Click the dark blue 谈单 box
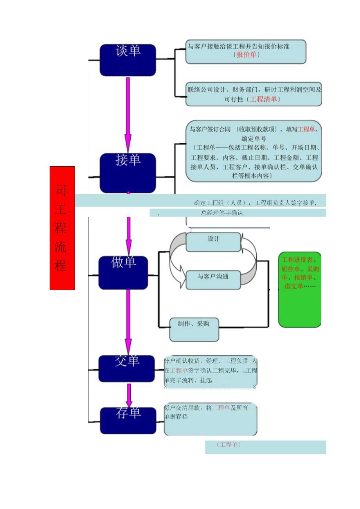click(128, 60)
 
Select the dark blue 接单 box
click(128, 173)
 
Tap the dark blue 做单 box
click(123, 273)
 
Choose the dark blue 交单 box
click(126, 368)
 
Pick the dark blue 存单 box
click(128, 420)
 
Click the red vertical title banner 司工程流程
click(62, 228)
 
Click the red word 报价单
click(247, 55)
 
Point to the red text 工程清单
click(263, 99)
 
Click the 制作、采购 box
click(194, 329)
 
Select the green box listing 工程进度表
click(300, 290)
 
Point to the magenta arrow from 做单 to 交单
click(128, 321)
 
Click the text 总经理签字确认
click(222, 213)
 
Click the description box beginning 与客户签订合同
click(254, 151)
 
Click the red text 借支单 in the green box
click(293, 286)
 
